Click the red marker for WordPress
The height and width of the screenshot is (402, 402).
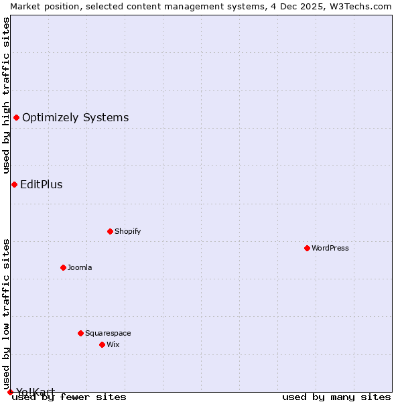pyautogui.click(x=307, y=248)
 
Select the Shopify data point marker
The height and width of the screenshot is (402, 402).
pyautogui.click(x=110, y=231)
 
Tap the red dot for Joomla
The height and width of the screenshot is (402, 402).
pyautogui.click(x=63, y=267)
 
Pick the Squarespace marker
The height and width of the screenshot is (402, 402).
pyautogui.click(x=80, y=333)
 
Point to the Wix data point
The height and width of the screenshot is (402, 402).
pyautogui.click(x=102, y=344)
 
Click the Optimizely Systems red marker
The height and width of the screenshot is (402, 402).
pyautogui.click(x=16, y=118)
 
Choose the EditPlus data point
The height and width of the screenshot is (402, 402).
pyautogui.click(x=14, y=184)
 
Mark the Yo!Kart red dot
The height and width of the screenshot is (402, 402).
pyautogui.click(x=10, y=392)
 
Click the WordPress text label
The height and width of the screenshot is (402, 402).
pyautogui.click(x=330, y=248)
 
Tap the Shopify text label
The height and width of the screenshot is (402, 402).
pyautogui.click(x=127, y=231)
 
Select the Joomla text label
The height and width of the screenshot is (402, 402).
pyautogui.click(x=80, y=267)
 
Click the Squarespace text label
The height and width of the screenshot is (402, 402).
pyautogui.click(x=108, y=333)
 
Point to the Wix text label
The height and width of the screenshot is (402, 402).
pyautogui.click(x=113, y=344)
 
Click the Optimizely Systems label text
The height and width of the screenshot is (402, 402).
pyautogui.click(x=75, y=118)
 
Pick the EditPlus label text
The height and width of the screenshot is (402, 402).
pyautogui.click(x=41, y=184)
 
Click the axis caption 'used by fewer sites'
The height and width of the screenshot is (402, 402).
pyautogui.click(x=69, y=397)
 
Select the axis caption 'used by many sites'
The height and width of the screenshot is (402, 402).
pyautogui.click(x=336, y=397)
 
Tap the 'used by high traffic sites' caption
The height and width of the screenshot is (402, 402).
pyautogui.click(x=6, y=96)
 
